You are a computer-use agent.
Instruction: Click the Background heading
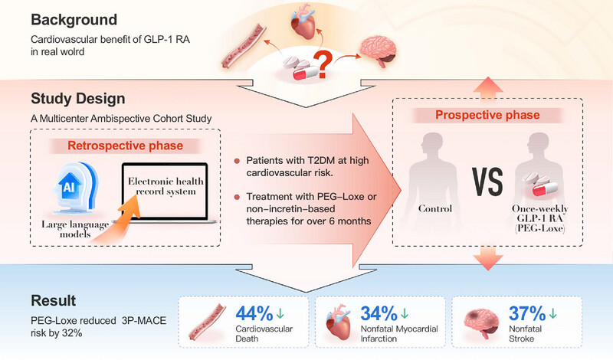pos(74,20)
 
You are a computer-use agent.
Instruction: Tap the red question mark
pos(323,65)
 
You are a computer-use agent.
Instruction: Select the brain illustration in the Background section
pos(378,51)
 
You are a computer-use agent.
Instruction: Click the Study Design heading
pos(78,99)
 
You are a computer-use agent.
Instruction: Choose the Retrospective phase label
pos(125,146)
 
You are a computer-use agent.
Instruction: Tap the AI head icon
pos(76,188)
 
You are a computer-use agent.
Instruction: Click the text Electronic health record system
pos(166,186)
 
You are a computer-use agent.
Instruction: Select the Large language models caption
pos(75,229)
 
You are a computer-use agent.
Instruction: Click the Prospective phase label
pos(487,115)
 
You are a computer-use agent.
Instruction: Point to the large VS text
pos(487,182)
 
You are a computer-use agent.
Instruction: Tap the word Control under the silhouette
pos(435,209)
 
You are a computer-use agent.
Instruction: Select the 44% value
pos(254,313)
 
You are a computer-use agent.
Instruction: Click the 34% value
pos(379,313)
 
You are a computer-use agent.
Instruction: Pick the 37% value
pos(527,313)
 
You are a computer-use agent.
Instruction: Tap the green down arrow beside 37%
pos(552,313)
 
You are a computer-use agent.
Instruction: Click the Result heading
pos(53,300)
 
